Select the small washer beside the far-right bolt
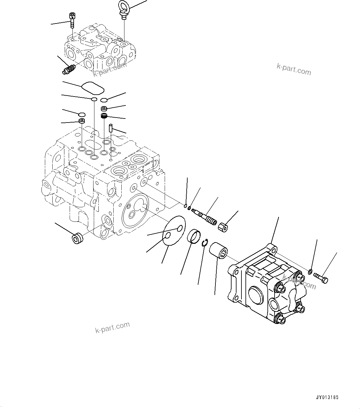click(310, 272)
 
